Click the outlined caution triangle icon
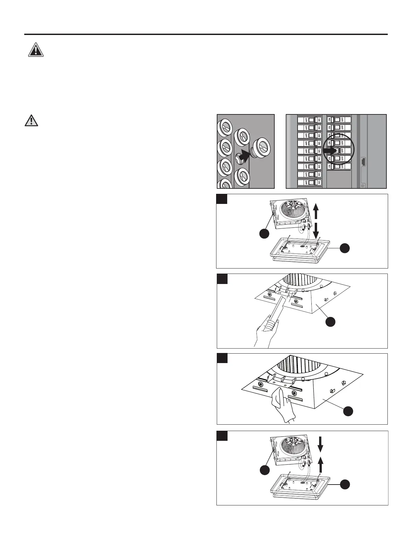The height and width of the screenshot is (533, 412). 31,120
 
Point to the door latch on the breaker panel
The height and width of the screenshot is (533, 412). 364,162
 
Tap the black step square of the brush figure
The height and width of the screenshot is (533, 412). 222,279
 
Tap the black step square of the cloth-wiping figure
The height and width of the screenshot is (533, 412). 222,358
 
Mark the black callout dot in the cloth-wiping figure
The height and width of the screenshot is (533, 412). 348,411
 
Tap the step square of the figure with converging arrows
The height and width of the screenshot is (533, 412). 222,436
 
